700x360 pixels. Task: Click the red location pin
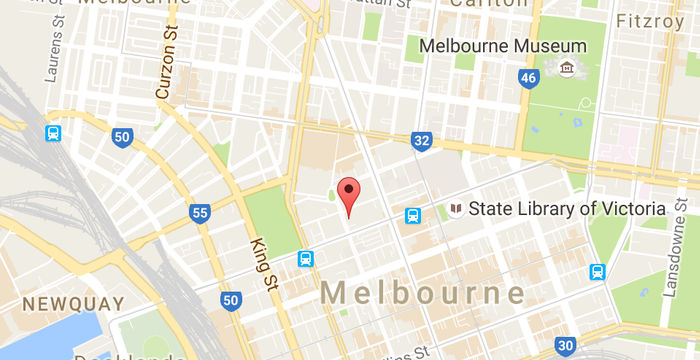(348, 193)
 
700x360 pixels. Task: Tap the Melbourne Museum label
(488, 46)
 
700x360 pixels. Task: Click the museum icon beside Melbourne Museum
(568, 68)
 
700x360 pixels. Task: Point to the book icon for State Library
(456, 209)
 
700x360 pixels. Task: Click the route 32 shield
(421, 141)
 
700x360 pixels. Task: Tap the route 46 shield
(526, 78)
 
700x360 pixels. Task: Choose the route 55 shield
(200, 212)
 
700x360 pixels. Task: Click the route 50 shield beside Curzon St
(122, 137)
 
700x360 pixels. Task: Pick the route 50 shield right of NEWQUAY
(230, 300)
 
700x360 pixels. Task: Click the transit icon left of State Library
(412, 215)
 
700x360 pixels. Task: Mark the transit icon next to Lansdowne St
(598, 270)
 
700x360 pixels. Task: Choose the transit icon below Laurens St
(52, 133)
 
